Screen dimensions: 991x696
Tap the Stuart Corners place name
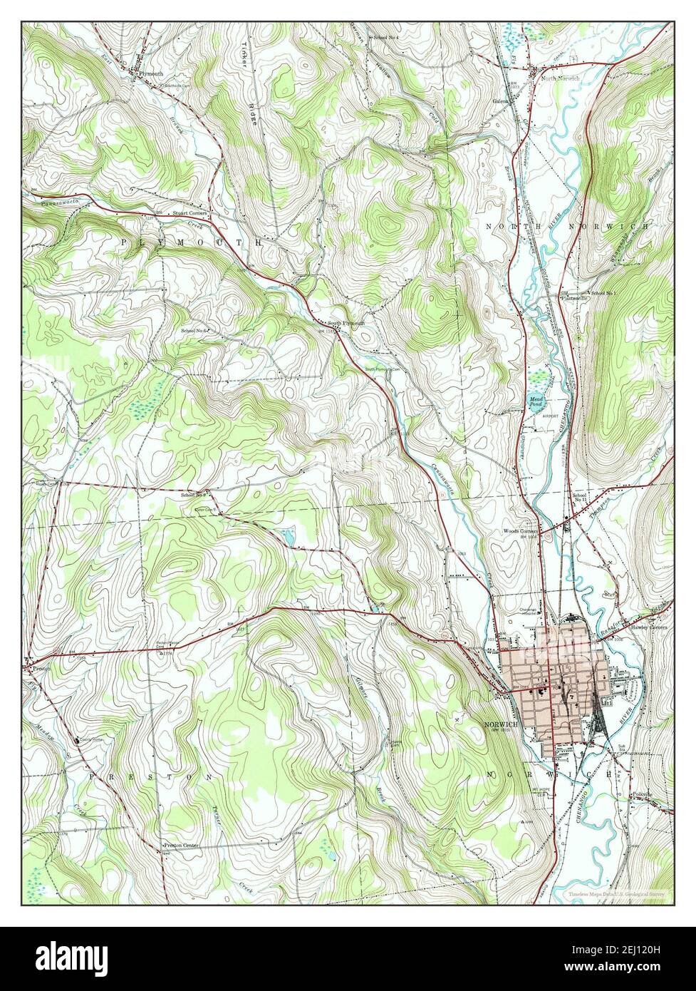pyautogui.click(x=189, y=213)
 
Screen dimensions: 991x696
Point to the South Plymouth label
pyautogui.click(x=346, y=323)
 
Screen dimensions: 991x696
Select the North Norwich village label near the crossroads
pyautogui.click(x=560, y=78)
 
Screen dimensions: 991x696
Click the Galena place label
pyautogui.click(x=501, y=101)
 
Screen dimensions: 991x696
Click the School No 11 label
pyautogui.click(x=579, y=498)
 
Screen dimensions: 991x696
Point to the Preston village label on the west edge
pyautogui.click(x=38, y=669)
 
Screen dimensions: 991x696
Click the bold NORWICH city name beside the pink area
pyautogui.click(x=499, y=724)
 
